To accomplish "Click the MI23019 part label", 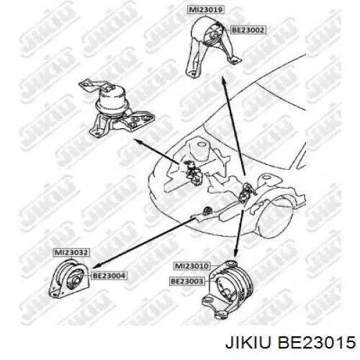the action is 206,10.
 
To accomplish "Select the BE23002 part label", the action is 248,30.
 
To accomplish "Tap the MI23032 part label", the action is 71,253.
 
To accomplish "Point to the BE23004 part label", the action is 109,276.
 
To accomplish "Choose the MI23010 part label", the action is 192,266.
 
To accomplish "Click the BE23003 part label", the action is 186,281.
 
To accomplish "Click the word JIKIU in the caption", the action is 248,342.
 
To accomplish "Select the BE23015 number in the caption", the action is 316,342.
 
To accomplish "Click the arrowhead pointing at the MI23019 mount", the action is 224,81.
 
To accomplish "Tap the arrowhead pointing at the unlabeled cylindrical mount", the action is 139,141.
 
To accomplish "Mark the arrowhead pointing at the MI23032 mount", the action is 96,266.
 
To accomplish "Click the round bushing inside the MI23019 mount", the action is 214,35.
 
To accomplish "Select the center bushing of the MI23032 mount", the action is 74,279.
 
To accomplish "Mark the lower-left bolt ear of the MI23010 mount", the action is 208,300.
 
